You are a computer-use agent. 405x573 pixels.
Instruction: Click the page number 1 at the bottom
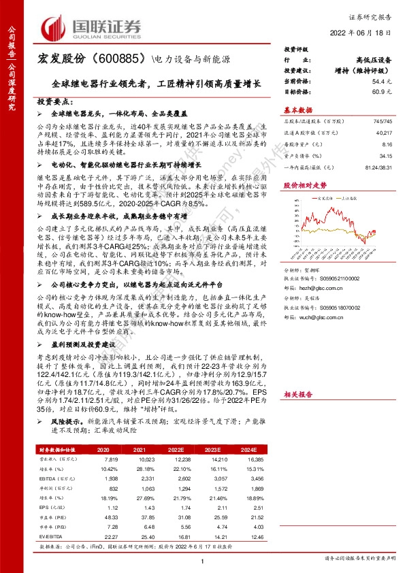pyautogui.click(x=202, y=560)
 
